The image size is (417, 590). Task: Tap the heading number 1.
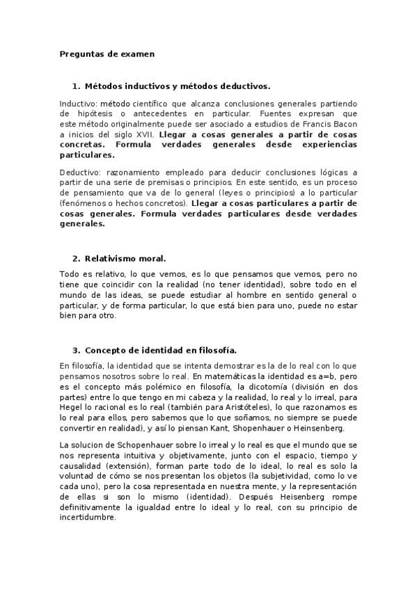(x=75, y=86)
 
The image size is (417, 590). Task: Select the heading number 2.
(x=75, y=259)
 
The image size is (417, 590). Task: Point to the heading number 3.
(x=75, y=350)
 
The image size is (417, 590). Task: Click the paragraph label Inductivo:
(x=79, y=102)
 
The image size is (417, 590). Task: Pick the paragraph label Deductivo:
(x=81, y=171)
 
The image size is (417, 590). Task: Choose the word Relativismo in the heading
(x=111, y=259)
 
